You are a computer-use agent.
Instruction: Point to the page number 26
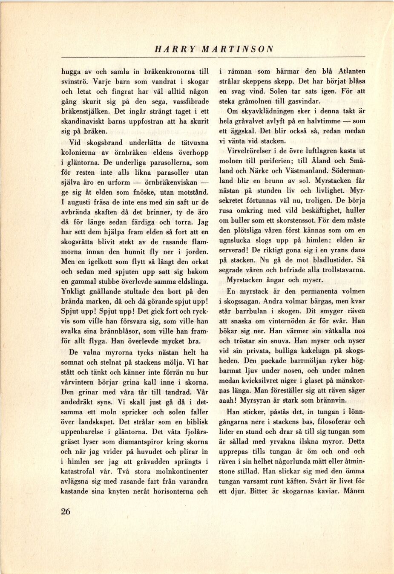(x=65, y=511)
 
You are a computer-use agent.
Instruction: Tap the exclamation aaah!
(x=228, y=400)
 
